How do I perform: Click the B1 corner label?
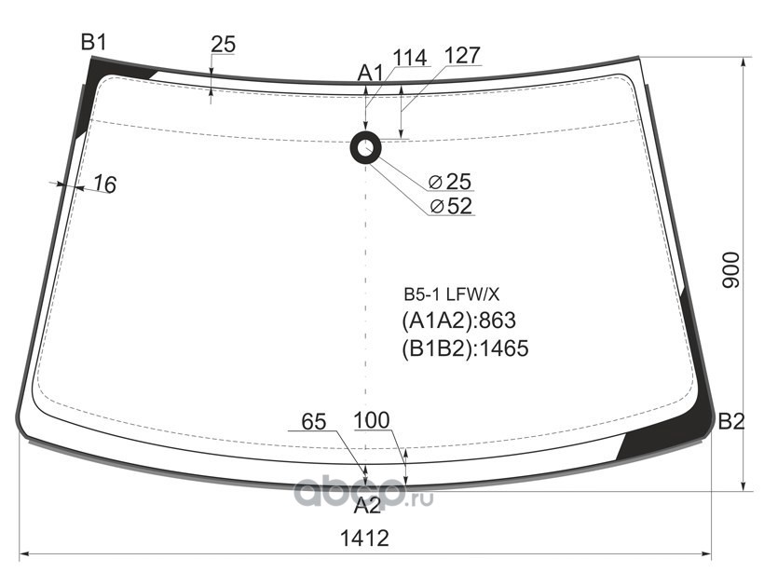94,41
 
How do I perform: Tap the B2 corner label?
731,422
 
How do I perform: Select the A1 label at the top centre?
371,73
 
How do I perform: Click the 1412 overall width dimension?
363,539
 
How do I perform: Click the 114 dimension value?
409,57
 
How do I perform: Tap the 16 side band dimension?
105,185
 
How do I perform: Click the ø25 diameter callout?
451,181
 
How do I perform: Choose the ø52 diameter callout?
451,206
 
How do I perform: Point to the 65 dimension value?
314,421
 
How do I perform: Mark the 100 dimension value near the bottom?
373,421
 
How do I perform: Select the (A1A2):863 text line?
458,321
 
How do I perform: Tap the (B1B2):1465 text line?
465,348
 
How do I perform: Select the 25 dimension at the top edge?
223,44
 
